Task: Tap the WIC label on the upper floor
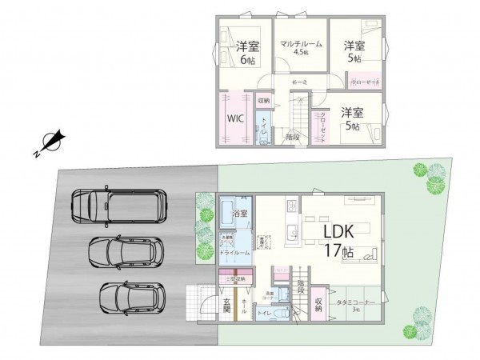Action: click(234, 118)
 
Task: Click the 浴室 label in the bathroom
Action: click(239, 214)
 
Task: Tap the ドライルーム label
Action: click(234, 252)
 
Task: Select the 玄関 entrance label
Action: click(226, 306)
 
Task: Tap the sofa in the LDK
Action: click(367, 255)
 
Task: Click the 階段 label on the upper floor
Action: click(292, 137)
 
